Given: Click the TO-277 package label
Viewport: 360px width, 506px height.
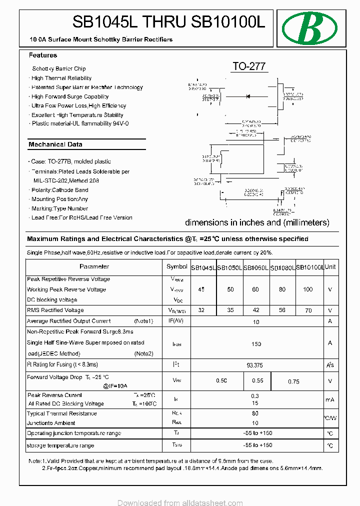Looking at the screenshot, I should (248, 66).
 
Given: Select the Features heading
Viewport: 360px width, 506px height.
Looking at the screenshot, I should (43, 55).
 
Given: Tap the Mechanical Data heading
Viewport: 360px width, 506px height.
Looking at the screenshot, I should (55, 144).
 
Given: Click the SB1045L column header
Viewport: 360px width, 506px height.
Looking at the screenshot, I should (203, 267).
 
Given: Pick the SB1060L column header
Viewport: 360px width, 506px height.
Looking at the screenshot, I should (256, 267).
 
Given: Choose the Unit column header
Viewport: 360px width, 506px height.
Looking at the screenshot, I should (330, 267).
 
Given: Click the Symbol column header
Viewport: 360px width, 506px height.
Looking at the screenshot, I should (176, 267).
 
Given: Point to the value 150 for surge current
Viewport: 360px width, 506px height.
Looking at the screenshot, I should (256, 344).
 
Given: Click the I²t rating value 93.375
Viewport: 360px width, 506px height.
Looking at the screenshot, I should (255, 365).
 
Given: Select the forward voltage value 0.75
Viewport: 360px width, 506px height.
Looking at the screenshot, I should (293, 381).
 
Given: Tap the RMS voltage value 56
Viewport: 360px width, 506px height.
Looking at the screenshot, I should (282, 310).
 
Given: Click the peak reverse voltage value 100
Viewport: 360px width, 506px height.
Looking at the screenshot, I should (308, 289).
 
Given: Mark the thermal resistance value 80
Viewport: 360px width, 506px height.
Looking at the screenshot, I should (255, 413).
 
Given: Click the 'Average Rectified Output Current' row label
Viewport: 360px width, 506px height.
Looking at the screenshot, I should (69, 321).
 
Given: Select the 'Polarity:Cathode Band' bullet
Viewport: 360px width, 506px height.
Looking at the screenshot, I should (59, 190).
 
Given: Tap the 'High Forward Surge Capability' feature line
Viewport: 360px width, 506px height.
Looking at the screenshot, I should (70, 96).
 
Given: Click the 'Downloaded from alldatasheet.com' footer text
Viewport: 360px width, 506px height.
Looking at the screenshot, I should (180, 502).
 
